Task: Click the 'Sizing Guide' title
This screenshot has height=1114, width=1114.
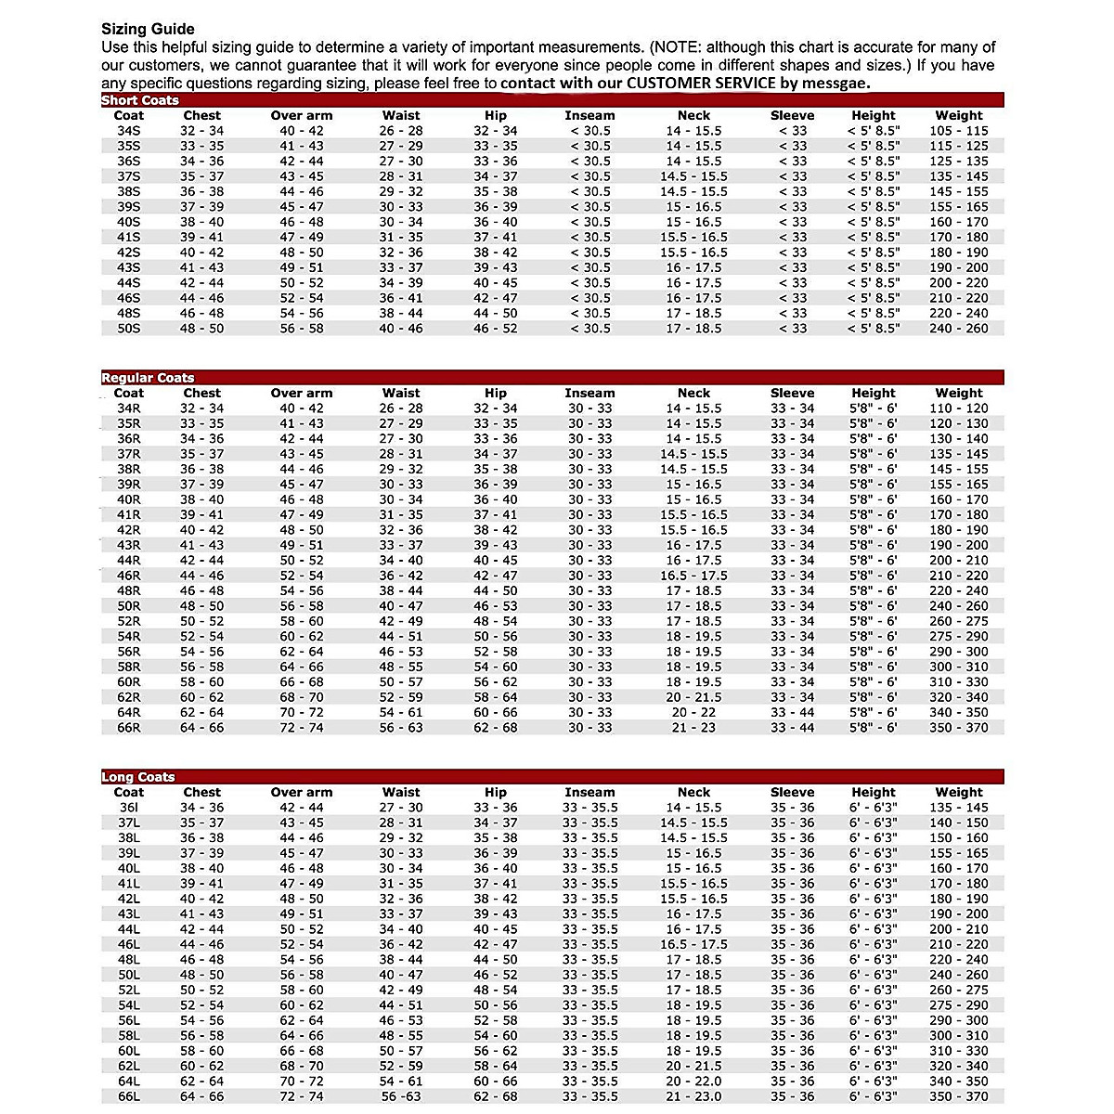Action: click(148, 30)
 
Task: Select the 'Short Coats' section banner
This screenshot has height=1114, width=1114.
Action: click(140, 100)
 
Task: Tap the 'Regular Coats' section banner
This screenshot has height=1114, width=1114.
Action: click(148, 378)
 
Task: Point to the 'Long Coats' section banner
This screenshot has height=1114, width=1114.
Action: click(138, 777)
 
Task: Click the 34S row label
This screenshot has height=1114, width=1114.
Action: click(128, 131)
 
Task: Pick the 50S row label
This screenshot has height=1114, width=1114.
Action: click(128, 329)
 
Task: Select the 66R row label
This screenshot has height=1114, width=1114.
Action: click(128, 728)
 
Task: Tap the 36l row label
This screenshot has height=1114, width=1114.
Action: click(128, 808)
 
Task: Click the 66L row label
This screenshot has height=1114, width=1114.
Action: click(128, 1096)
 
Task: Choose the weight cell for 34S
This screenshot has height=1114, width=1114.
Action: click(959, 131)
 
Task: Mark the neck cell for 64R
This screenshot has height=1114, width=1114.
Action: click(693, 712)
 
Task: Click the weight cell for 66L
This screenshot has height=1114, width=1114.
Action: click(959, 1096)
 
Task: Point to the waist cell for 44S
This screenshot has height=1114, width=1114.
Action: click(401, 283)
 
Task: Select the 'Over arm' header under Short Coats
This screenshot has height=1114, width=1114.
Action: click(302, 116)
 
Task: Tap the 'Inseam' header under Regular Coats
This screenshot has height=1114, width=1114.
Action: click(589, 394)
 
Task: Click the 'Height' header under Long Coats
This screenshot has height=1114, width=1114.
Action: click(874, 793)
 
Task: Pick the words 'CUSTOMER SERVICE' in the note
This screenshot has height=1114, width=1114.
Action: click(701, 83)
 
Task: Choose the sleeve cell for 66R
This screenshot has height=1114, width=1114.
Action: click(792, 728)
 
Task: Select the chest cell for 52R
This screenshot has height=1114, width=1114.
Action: click(201, 621)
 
